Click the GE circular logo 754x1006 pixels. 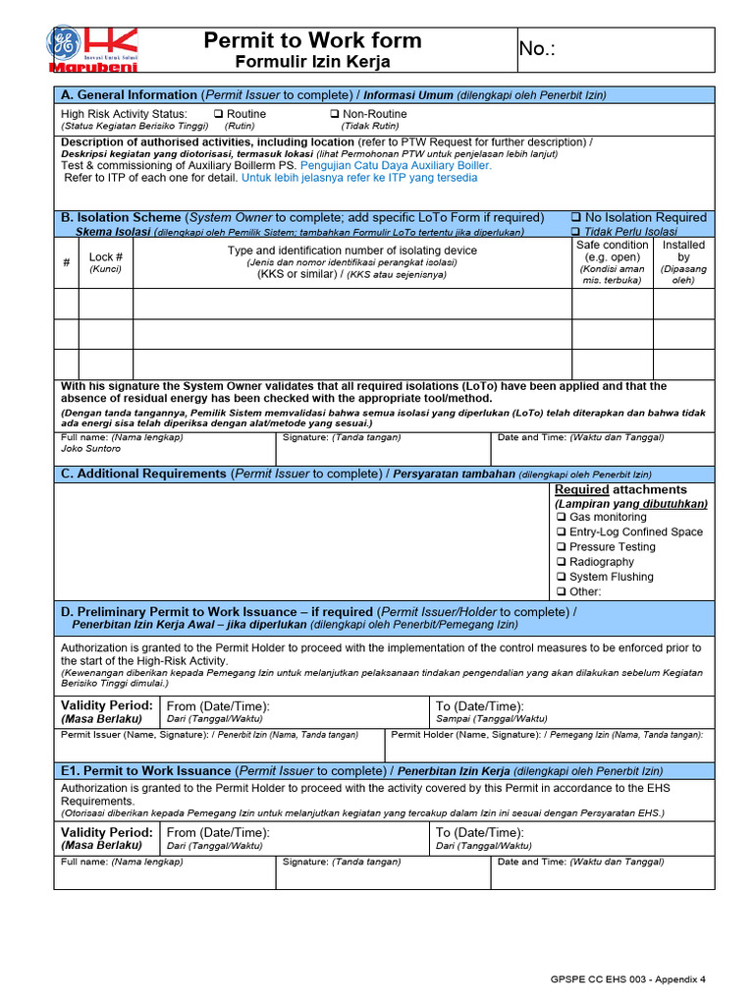[63, 43]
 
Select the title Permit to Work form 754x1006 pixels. [312, 40]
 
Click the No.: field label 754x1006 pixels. [537, 49]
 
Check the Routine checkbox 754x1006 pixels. [218, 114]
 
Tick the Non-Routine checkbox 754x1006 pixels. [334, 114]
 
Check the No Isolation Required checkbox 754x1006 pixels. [575, 218]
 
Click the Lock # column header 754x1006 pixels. [105, 257]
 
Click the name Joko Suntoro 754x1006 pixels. [91, 449]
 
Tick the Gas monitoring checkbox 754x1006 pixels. [561, 518]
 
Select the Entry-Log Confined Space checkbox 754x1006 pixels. [561, 532]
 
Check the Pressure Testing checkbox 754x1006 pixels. [561, 547]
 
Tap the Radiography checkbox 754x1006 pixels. [561, 562]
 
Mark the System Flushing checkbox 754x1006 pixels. [561, 577]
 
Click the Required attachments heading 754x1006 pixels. [620, 489]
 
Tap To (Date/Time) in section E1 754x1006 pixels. [479, 832]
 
